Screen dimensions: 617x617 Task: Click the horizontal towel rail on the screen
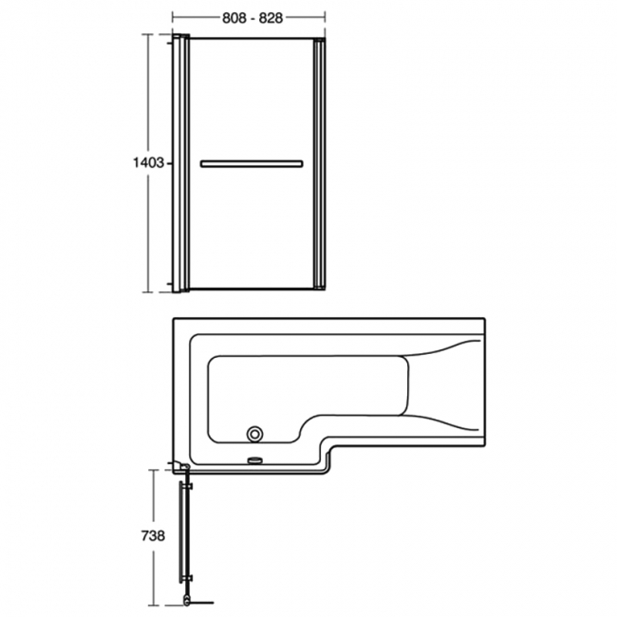(x=252, y=163)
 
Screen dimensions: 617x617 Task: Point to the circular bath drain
(x=253, y=435)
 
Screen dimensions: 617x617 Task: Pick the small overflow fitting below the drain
(x=253, y=462)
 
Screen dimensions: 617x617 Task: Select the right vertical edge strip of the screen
(x=319, y=163)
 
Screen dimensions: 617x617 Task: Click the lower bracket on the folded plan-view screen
(x=187, y=580)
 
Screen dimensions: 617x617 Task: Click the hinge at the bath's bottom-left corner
(x=178, y=467)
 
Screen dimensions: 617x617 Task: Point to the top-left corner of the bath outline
(x=172, y=318)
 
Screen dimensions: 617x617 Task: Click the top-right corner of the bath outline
(x=486, y=318)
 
